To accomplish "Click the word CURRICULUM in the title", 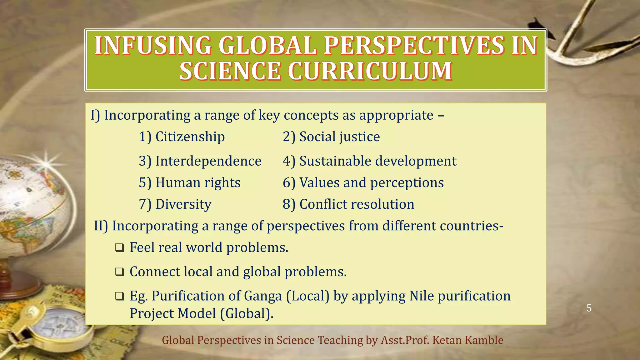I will point(370,71).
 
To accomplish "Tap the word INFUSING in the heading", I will point(153,46).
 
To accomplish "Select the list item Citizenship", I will point(190,137).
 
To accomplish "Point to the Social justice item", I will point(339,137).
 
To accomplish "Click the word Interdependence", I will point(208,161).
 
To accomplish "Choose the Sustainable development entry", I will point(378,161).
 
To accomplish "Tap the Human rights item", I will point(198,183).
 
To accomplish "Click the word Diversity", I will point(183,204).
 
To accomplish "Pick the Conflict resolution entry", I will point(357,204).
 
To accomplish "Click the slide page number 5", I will point(589,308).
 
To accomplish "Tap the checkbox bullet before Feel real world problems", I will point(119,248).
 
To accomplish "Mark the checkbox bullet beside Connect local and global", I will point(119,272).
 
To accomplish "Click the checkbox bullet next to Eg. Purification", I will point(119,296).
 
